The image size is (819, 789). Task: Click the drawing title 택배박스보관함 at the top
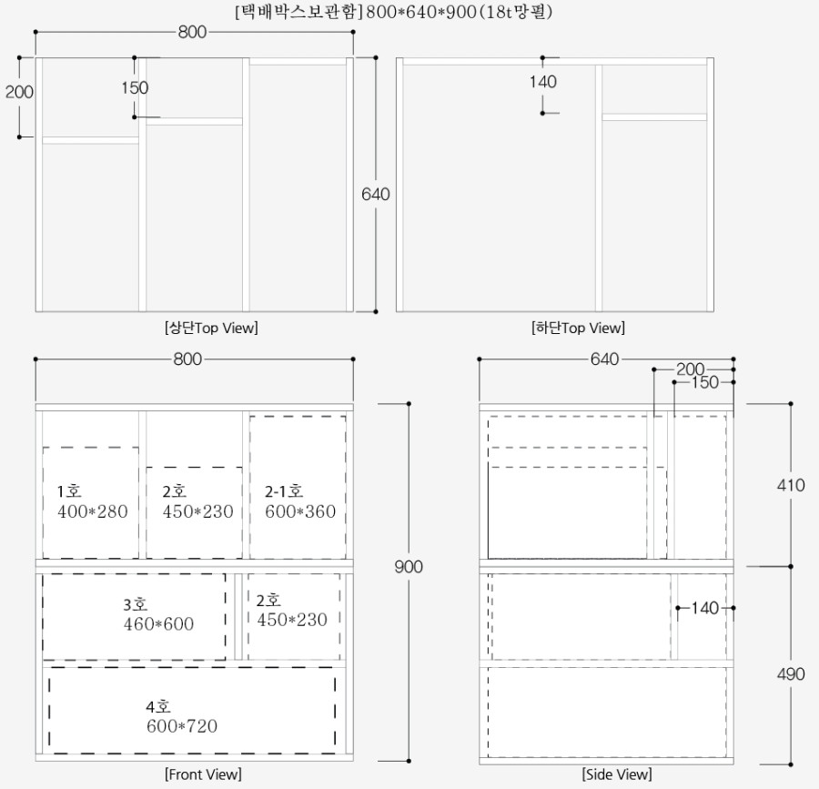point(298,12)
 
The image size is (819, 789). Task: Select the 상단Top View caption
point(211,328)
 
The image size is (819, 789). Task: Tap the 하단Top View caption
point(578,328)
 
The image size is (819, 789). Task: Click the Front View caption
point(203,774)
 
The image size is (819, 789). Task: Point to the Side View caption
point(617,774)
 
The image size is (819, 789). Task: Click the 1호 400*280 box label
point(93,501)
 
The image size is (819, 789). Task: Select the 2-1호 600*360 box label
point(299,501)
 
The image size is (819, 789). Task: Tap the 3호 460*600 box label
point(158,614)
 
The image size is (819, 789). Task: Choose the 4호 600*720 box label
point(181,716)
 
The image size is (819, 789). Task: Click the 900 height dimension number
point(409,567)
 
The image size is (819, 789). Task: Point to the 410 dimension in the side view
point(791,485)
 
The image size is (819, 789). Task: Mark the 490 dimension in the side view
point(791,674)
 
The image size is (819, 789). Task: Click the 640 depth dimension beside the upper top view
point(376,194)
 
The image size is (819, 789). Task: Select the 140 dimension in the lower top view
point(542,82)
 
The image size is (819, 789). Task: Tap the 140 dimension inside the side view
point(705,608)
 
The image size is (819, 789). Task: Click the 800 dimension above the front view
point(187,359)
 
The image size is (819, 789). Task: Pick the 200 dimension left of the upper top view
point(19,92)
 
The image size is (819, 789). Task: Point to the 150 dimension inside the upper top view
point(135,87)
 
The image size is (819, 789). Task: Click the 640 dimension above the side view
point(605,359)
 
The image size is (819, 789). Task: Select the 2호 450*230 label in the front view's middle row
point(292,610)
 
